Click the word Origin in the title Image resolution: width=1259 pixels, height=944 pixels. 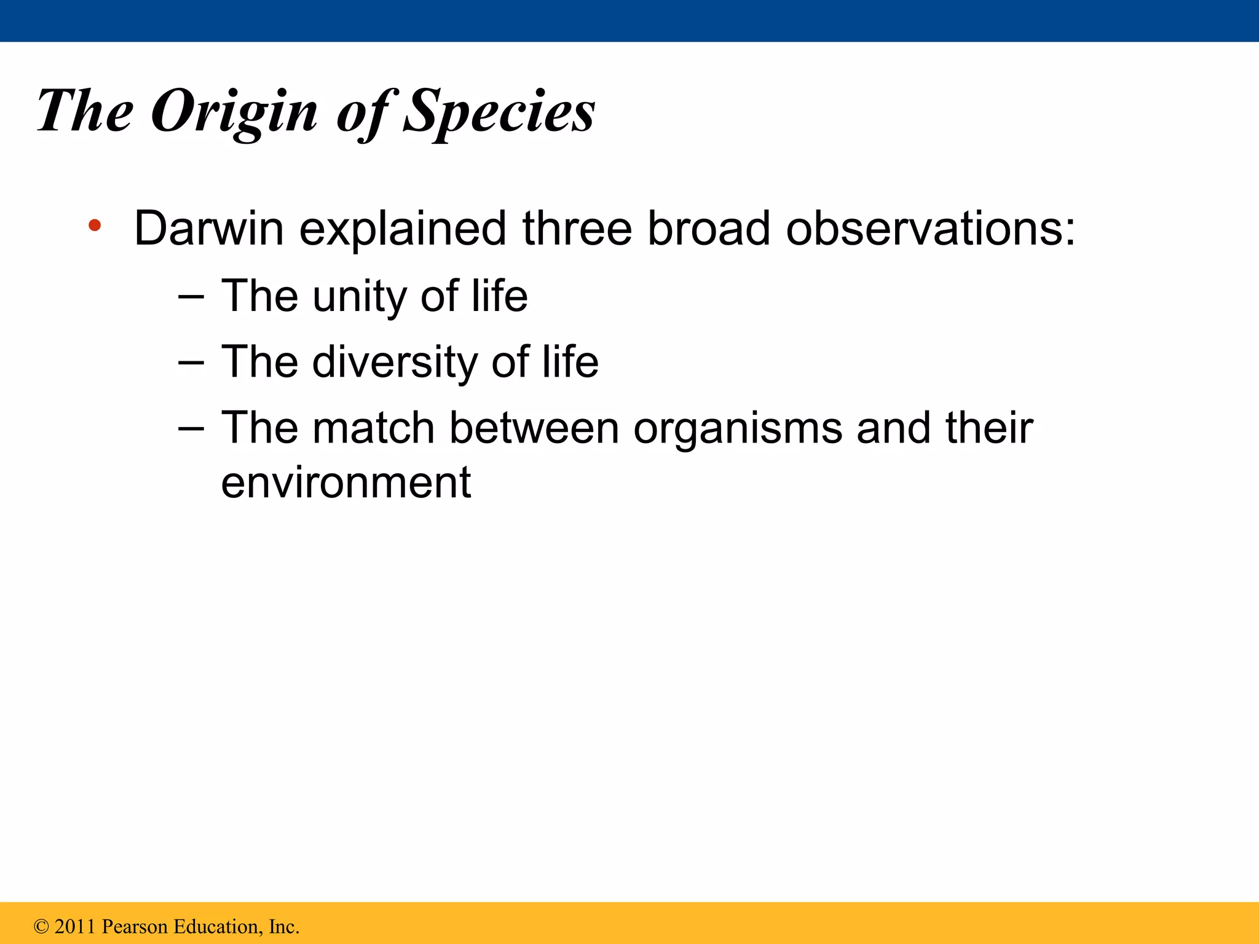pyautogui.click(x=234, y=112)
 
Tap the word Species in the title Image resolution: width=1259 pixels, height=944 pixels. pyautogui.click(x=499, y=112)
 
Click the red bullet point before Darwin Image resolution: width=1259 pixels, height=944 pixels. pyautogui.click(x=94, y=225)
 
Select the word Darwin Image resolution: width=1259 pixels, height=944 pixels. pyautogui.click(x=208, y=229)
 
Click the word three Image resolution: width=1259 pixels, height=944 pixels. pyautogui.click(x=577, y=229)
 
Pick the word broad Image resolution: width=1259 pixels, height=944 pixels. pyautogui.click(x=708, y=229)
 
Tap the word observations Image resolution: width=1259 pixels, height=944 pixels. pyautogui.click(x=930, y=229)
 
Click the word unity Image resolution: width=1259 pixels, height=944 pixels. pyautogui.click(x=359, y=297)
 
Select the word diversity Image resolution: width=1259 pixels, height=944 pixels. pyautogui.click(x=394, y=362)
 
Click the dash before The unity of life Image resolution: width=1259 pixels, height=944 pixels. pyautogui.click(x=191, y=297)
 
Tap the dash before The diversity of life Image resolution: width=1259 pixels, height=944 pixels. pyautogui.click(x=191, y=363)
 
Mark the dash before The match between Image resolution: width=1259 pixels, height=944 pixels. pyautogui.click(x=191, y=428)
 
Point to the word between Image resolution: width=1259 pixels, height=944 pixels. pyautogui.click(x=534, y=428)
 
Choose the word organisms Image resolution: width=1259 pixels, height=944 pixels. pyautogui.click(x=738, y=429)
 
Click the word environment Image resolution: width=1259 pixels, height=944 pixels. pyautogui.click(x=345, y=482)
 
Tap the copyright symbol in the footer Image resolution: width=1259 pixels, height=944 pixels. pyautogui.click(x=41, y=927)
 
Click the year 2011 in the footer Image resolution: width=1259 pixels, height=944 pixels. pyautogui.click(x=75, y=927)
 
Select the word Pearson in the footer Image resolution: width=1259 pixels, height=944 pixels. pyautogui.click(x=135, y=927)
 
